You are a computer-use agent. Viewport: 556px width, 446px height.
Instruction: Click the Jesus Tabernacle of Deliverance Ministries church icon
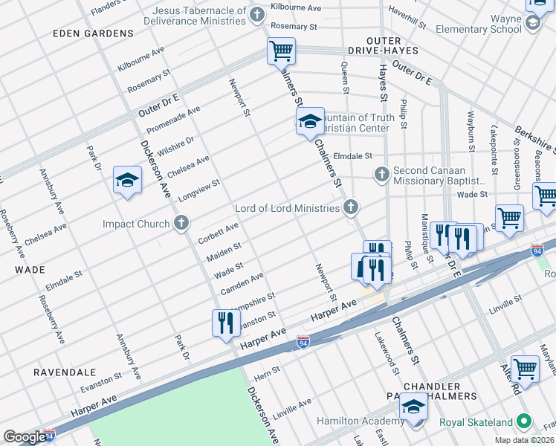[x=257, y=16]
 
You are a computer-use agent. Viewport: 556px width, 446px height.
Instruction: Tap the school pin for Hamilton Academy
[x=413, y=407]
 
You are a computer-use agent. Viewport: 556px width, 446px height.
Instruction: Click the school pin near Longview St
[x=127, y=180]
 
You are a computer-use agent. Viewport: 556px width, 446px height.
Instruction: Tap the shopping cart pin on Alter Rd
[x=525, y=369]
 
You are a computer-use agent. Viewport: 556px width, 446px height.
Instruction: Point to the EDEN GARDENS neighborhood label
[x=82, y=34]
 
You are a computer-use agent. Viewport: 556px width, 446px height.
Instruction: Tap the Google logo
[x=25, y=437]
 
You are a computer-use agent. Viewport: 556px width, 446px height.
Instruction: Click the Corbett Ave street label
[x=218, y=233]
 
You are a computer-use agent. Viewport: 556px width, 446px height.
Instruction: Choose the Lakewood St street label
[x=387, y=351]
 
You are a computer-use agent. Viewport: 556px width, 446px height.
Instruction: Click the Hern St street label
[x=267, y=370]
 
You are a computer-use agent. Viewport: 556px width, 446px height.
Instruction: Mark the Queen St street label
[x=345, y=77]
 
